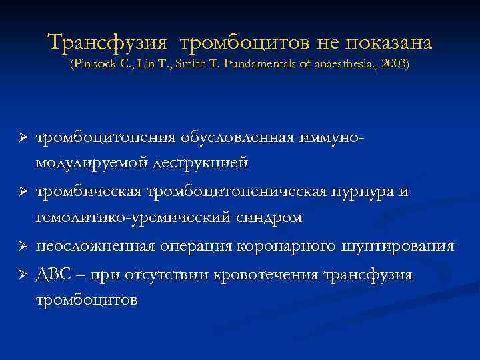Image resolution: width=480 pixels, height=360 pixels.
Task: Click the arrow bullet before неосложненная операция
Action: pos(21,247)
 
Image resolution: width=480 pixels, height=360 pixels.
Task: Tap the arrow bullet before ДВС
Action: pos(21,275)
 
